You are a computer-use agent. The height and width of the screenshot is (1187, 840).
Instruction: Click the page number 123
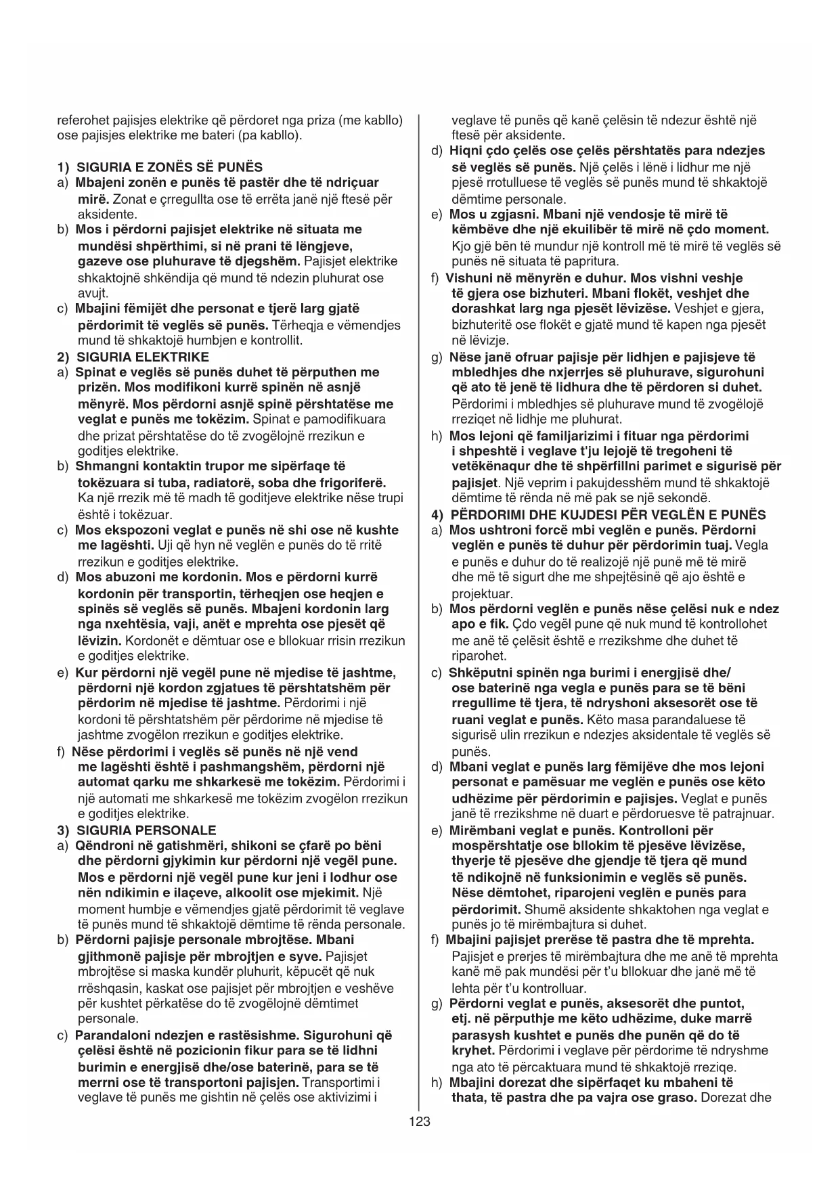click(420, 1121)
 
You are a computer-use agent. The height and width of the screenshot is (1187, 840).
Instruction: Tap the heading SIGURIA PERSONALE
click(146, 830)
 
